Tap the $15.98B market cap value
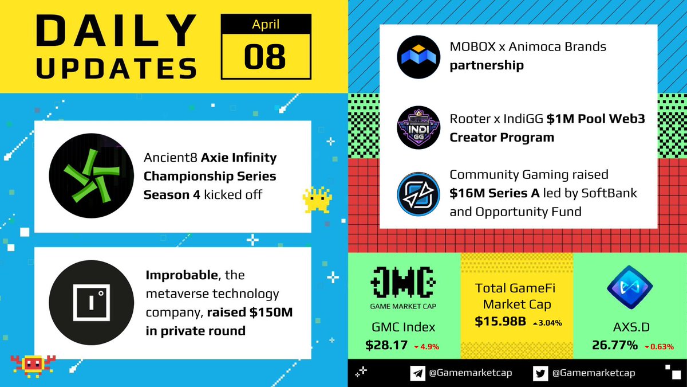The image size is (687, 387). [500, 322]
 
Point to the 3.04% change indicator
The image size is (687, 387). [547, 323]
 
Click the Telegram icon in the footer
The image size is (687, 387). [417, 373]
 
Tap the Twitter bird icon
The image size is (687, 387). [540, 373]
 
